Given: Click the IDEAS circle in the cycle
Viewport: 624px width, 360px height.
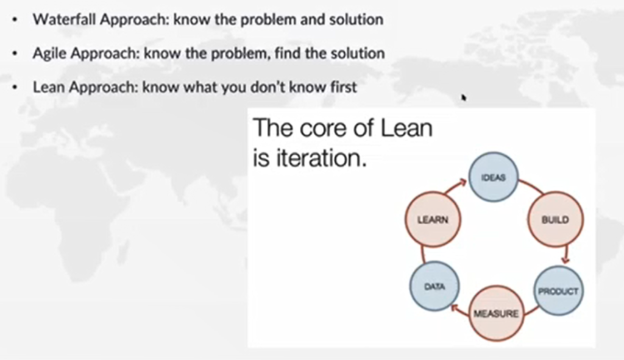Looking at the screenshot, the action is (494, 177).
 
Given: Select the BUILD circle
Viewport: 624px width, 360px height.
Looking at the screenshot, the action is (556, 219).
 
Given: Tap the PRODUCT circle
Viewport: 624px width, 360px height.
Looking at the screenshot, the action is (558, 291).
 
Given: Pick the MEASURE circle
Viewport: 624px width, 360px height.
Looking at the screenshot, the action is (496, 314).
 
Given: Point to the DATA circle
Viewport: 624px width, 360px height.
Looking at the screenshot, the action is (434, 286).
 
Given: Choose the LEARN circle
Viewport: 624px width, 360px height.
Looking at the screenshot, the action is (433, 219).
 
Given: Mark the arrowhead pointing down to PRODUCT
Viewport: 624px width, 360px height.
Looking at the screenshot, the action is (565, 259).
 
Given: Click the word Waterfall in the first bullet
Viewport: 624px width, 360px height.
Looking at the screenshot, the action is (65, 19).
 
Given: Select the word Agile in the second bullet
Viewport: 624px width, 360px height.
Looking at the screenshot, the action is (50, 54).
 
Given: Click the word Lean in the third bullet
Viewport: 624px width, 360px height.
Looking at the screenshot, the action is (49, 86).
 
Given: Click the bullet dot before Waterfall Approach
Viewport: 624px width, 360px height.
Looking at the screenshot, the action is (15, 19).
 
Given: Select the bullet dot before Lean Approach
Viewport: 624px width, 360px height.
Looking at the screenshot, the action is (15, 87).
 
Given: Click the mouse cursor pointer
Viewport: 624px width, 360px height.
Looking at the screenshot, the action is (464, 97).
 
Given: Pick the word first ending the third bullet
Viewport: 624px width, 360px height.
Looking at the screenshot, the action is (344, 86).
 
